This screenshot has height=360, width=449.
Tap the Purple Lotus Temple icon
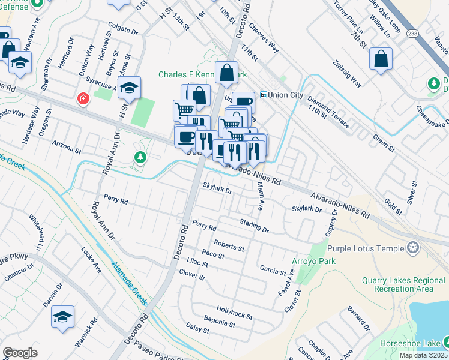[x=412, y=247]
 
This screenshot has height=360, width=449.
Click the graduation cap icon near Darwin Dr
[x=63, y=316]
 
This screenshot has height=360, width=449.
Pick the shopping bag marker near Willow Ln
[x=381, y=59]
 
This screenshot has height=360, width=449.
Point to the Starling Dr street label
[x=254, y=226]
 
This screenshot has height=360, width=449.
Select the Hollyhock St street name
[x=235, y=313]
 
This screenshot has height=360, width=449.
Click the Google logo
[x=20, y=352]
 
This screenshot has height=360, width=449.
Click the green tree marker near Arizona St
[x=140, y=157]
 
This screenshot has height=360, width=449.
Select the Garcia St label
[x=273, y=270]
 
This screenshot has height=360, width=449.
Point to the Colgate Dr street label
[x=123, y=28]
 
